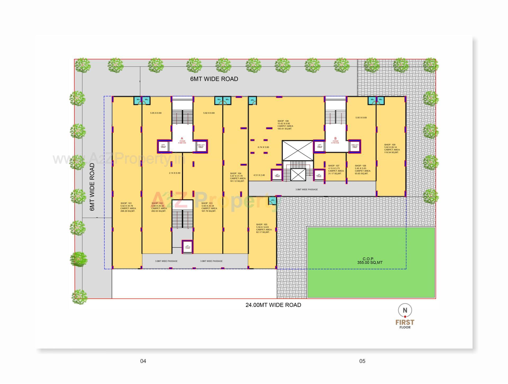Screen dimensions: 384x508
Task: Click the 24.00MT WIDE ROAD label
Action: tap(273, 305)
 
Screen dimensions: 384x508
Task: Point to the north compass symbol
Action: tap(405, 310)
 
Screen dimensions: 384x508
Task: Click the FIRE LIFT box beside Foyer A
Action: tap(201, 146)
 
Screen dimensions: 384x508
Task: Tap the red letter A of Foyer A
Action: tap(182, 138)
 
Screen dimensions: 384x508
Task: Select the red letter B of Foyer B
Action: tap(335, 138)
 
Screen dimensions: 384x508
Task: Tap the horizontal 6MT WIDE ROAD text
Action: tap(214, 79)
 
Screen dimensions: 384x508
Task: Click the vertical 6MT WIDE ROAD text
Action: tap(92, 187)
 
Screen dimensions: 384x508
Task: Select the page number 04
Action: tap(143, 361)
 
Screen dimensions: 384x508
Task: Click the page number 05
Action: tap(362, 361)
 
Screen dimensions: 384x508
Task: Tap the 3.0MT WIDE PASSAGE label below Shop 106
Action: tap(306, 189)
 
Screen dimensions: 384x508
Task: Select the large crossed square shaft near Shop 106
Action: tap(298, 150)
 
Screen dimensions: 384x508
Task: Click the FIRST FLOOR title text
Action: tap(405, 324)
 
